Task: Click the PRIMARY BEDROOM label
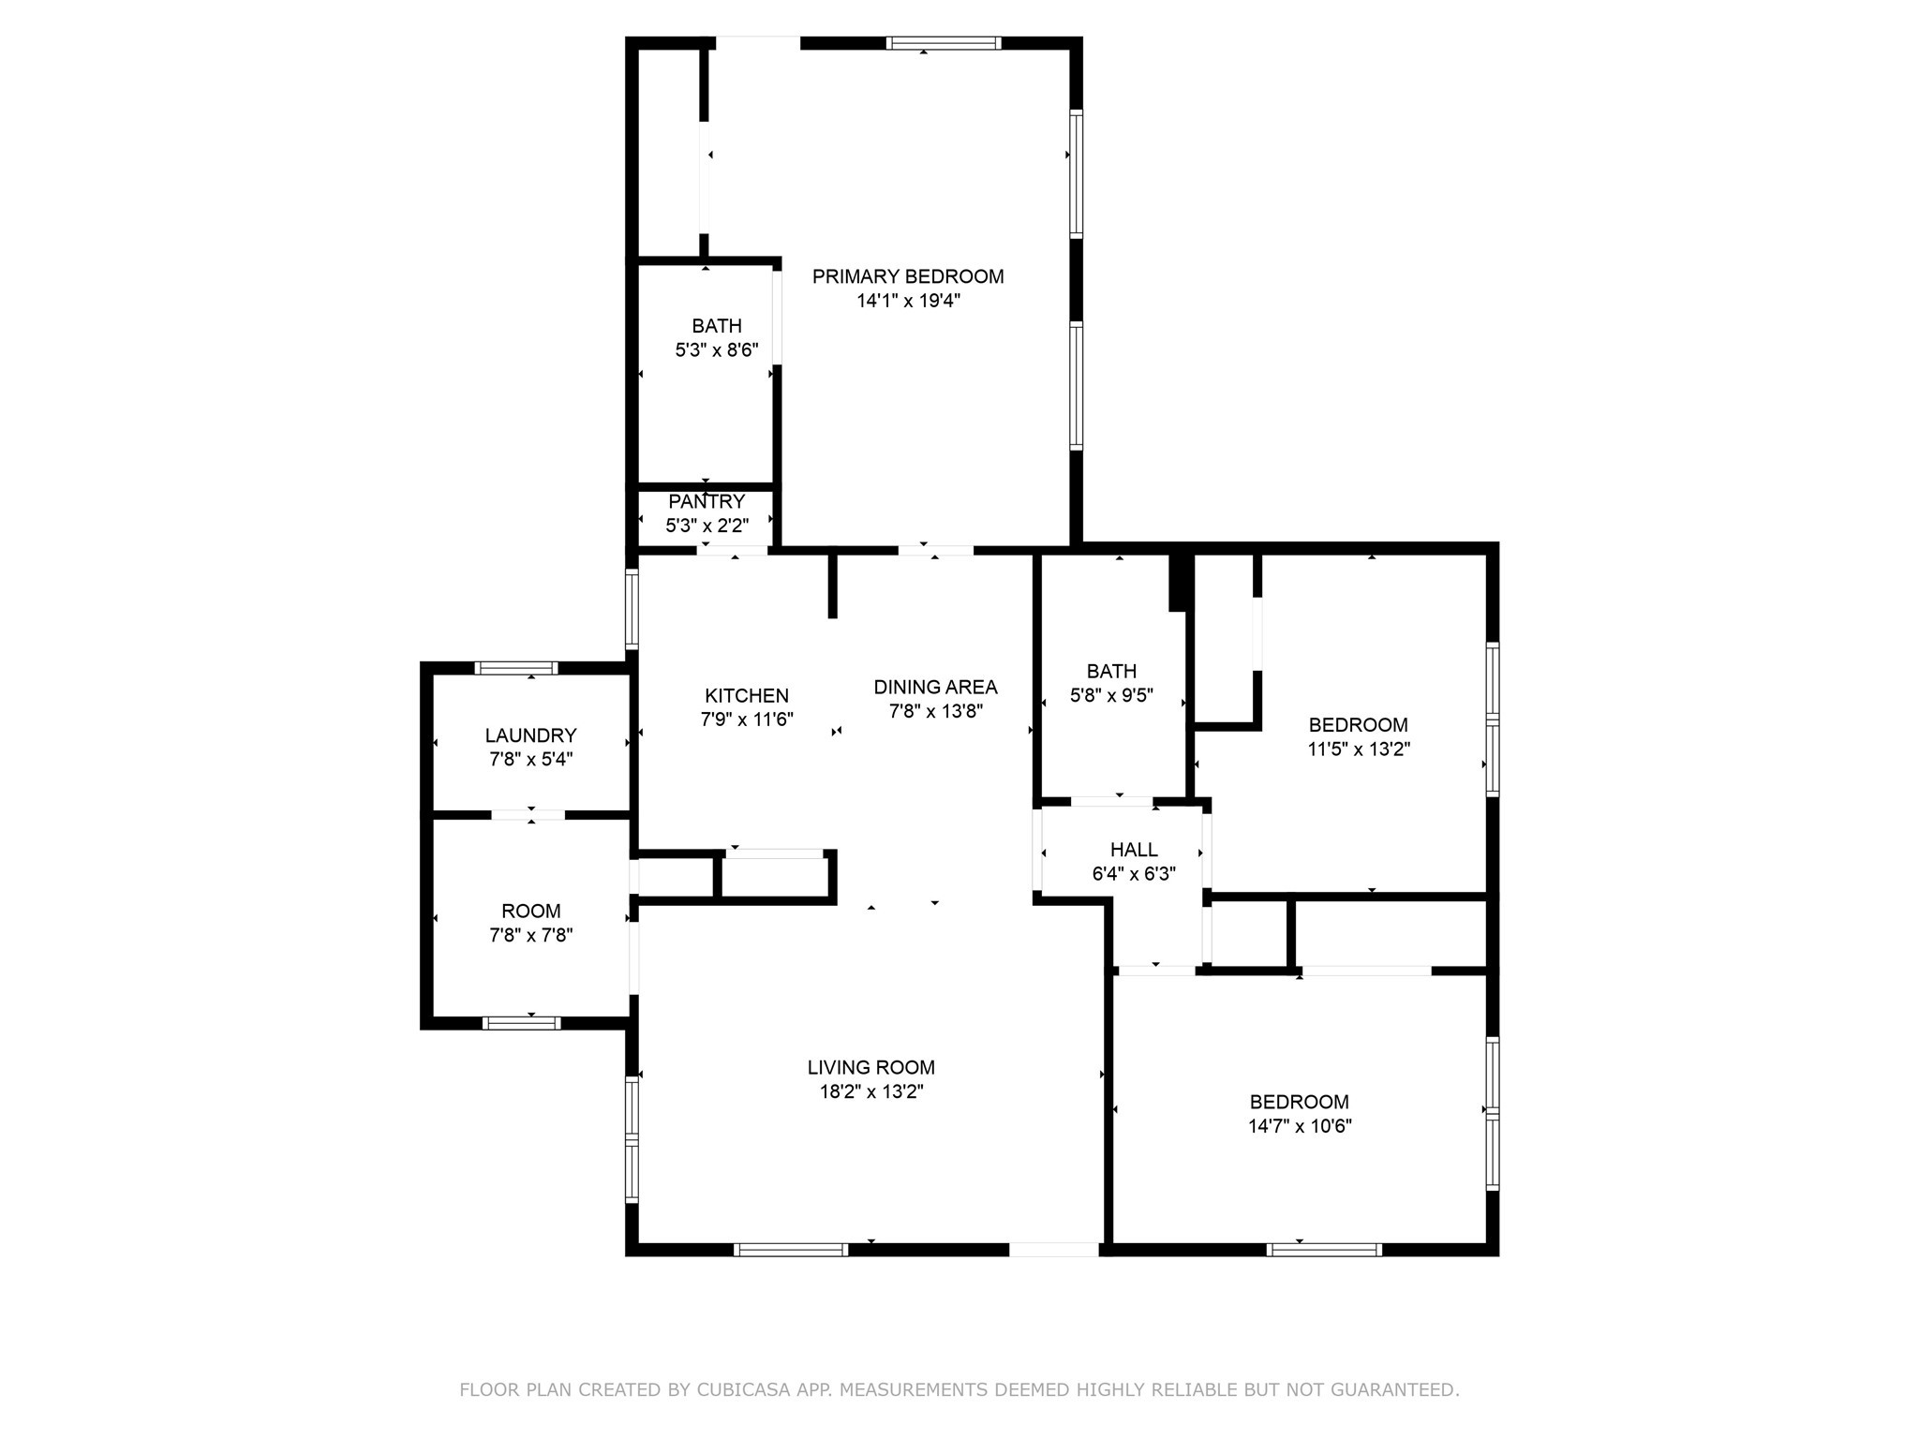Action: tap(907, 276)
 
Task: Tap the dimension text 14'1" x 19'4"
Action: tap(907, 301)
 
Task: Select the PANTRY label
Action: tap(707, 501)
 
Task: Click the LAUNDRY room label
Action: tap(530, 735)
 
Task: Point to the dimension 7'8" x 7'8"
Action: tap(530, 935)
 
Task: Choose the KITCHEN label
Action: tap(747, 695)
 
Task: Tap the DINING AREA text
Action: tap(935, 687)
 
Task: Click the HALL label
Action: tap(1134, 850)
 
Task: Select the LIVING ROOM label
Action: tap(870, 1067)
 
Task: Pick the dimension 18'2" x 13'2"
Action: tap(870, 1091)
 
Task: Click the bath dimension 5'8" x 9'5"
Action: tap(1111, 695)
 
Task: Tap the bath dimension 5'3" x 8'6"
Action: tap(716, 350)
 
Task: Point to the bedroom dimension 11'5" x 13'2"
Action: tap(1359, 749)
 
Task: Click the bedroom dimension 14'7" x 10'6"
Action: tap(1300, 1126)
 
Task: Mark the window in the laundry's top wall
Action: tap(515, 668)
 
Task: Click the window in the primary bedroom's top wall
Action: tap(944, 43)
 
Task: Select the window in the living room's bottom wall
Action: tap(791, 1249)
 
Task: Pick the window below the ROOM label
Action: tap(521, 1022)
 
